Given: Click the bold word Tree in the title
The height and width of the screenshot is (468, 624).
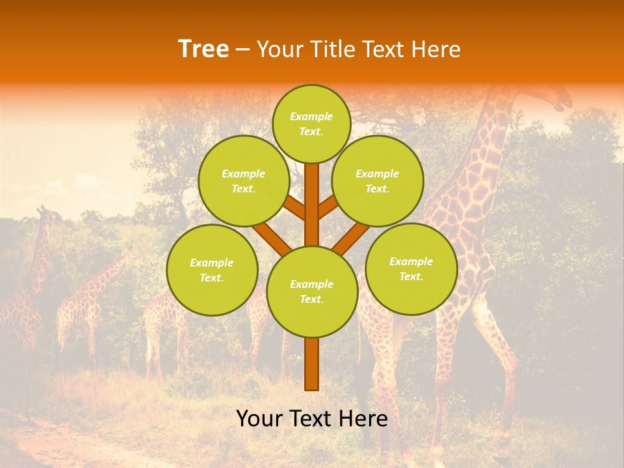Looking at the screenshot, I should click(x=203, y=49).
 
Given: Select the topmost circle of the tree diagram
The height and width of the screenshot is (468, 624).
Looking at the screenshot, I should click(x=311, y=123).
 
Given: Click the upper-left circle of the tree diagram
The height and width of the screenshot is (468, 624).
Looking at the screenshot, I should click(x=244, y=181).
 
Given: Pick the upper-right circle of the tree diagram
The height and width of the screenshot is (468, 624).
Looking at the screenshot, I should click(x=378, y=181).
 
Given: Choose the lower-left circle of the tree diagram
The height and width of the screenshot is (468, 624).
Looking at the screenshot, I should click(x=212, y=270).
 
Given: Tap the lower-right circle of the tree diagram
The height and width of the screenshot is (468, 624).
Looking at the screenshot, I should click(x=411, y=268).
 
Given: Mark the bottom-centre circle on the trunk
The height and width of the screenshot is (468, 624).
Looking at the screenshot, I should click(x=312, y=292).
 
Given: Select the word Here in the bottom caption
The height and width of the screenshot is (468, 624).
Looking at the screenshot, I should click(x=364, y=419).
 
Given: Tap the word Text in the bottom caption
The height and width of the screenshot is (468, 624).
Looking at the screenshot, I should click(x=311, y=419).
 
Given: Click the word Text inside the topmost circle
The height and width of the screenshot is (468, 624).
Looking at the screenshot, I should click(x=311, y=131).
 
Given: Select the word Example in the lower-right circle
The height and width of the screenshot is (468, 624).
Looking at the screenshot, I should click(x=411, y=261).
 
